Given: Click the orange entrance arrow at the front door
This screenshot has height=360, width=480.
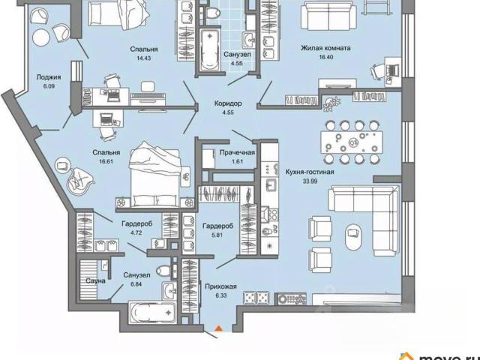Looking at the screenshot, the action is click(218, 328).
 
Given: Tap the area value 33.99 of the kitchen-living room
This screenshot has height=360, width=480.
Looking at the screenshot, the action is click(310, 181).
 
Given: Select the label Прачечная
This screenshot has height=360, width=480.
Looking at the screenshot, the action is click(238, 152).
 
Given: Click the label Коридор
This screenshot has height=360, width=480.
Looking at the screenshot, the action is click(228, 103).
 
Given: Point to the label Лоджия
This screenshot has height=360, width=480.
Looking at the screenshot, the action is click(49, 77).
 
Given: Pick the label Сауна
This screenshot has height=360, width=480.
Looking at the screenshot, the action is click(95, 280).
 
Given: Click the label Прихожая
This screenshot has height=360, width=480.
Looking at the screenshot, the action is click(220, 286).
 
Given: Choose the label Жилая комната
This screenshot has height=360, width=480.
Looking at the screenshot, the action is click(325, 48).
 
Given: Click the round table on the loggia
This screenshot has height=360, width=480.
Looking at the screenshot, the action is click(41, 38).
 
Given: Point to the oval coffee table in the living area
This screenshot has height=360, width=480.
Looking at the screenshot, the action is click(353, 237).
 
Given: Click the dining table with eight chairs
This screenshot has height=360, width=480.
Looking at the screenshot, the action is click(352, 142).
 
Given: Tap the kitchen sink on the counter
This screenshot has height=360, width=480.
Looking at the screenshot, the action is click(271, 185).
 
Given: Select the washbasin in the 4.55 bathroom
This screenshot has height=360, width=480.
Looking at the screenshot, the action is click(250, 40).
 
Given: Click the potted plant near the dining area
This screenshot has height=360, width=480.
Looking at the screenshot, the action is click(331, 103).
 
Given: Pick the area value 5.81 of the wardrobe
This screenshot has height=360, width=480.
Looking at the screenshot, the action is click(218, 235).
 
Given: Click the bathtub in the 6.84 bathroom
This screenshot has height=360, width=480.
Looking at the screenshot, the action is click(152, 312).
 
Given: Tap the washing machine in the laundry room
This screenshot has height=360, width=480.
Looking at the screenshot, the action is click(208, 158).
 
